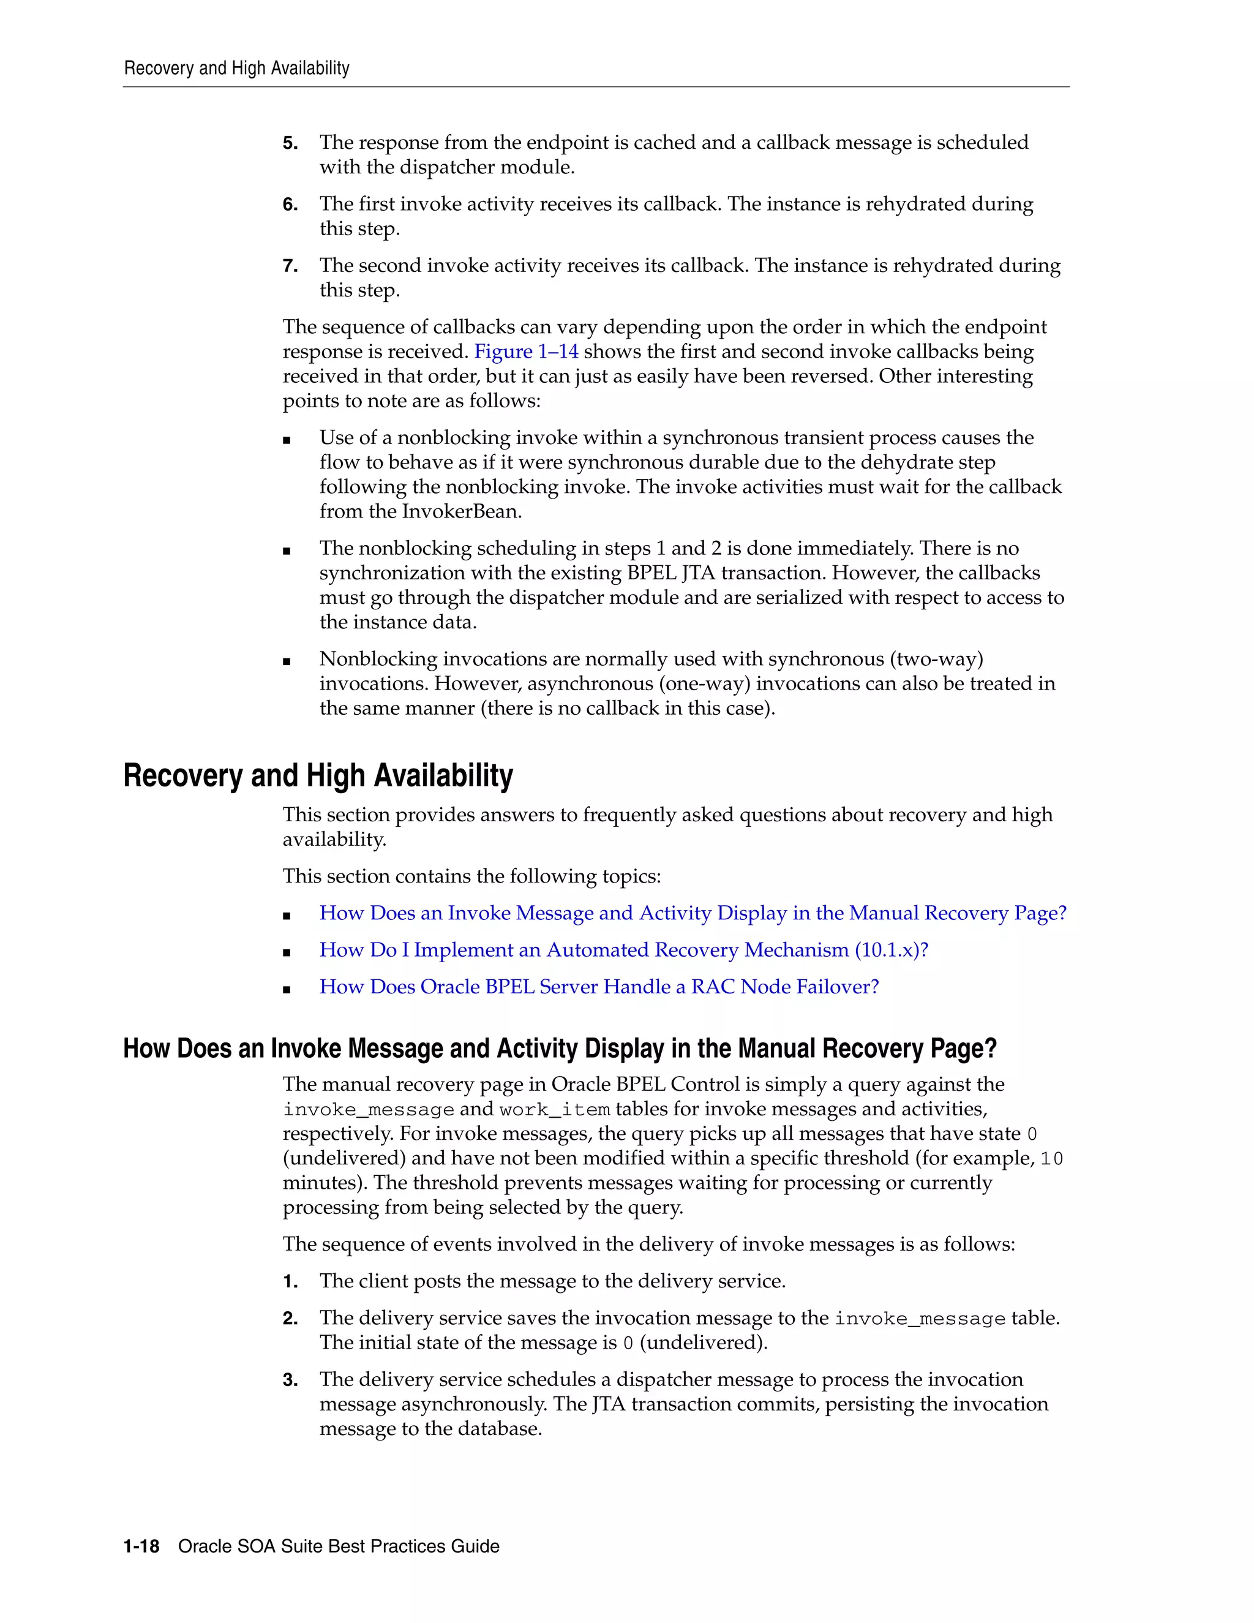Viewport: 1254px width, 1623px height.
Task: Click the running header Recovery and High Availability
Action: pyautogui.click(x=236, y=69)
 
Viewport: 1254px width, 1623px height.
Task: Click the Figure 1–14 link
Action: pyautogui.click(x=526, y=352)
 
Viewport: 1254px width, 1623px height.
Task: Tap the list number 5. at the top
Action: pyautogui.click(x=290, y=143)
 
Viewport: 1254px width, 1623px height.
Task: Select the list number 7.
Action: pyautogui.click(x=290, y=266)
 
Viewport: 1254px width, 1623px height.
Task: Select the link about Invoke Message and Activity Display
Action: pyautogui.click(x=693, y=913)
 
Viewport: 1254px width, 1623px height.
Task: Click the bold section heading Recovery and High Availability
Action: pyautogui.click(x=318, y=776)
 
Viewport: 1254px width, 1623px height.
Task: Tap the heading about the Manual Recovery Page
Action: pyautogui.click(x=560, y=1049)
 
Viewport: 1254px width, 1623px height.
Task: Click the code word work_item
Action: pyautogui.click(x=554, y=1110)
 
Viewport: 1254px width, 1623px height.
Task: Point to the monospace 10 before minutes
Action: pyautogui.click(x=1051, y=1159)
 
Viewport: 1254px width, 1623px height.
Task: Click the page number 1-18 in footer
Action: pyautogui.click(x=141, y=1546)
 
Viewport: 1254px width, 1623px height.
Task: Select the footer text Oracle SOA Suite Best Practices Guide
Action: pyautogui.click(x=339, y=1546)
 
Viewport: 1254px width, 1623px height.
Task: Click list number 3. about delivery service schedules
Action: pyautogui.click(x=290, y=1380)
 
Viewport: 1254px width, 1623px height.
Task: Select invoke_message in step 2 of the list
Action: pyautogui.click(x=920, y=1319)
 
